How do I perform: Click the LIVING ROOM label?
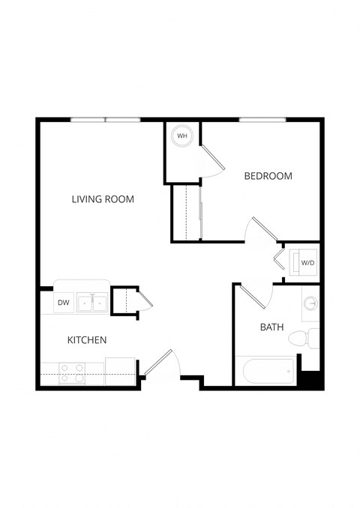coord(103,199)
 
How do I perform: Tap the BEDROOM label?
coord(268,176)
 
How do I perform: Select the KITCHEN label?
coord(87,340)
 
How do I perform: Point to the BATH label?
coord(271,327)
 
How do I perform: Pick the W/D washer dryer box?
coord(307,263)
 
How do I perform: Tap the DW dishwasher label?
coord(63,303)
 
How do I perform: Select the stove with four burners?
coord(72,373)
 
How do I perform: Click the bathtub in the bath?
coord(266,372)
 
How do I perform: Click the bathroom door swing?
coord(253,296)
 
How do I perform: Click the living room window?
coord(106,119)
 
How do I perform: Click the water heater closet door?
coord(211,160)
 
